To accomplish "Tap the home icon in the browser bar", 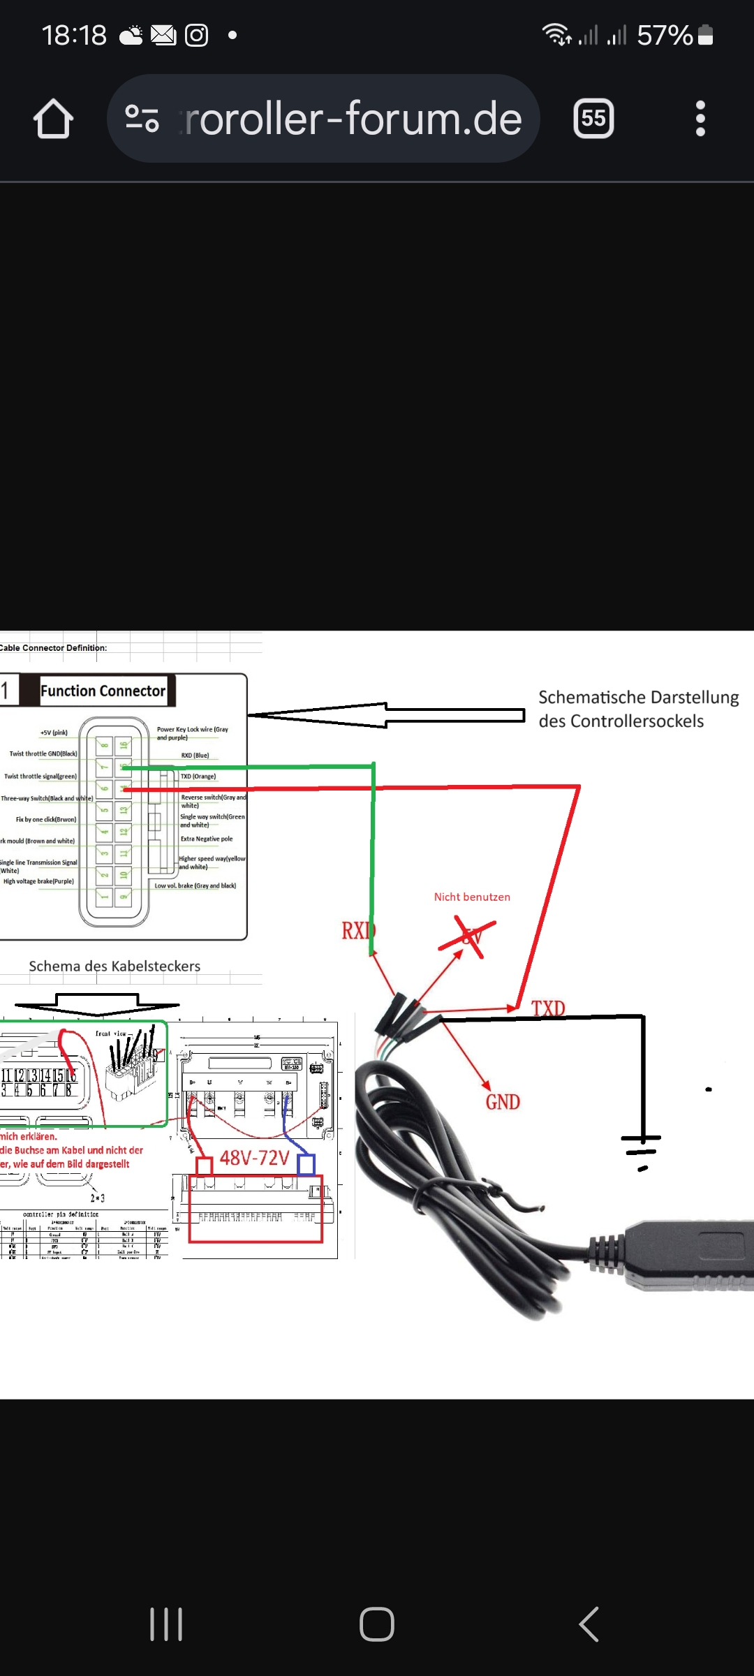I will click(53, 119).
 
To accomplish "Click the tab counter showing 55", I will click(593, 118).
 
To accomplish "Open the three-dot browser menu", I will click(700, 119).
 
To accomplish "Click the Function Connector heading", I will click(103, 691).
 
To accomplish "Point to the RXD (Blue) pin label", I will click(195, 756).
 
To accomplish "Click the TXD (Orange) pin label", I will click(198, 777).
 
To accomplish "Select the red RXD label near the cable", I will click(357, 931).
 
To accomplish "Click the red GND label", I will click(503, 1102).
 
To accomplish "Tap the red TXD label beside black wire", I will click(548, 1008).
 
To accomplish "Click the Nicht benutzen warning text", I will click(472, 897).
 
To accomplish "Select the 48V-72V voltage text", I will click(254, 1158).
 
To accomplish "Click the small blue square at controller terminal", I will click(306, 1165).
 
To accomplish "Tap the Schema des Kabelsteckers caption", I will click(114, 966).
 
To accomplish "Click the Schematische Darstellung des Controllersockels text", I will click(637, 709).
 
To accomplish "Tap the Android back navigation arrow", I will click(589, 1624).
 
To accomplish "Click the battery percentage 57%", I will click(664, 35).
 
